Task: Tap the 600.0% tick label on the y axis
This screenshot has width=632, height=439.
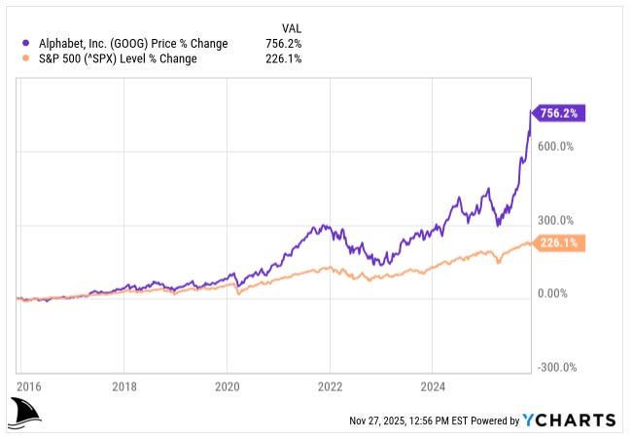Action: [558, 147]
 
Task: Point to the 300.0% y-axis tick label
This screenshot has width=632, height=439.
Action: [558, 221]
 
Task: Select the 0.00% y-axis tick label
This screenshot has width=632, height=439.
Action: [555, 294]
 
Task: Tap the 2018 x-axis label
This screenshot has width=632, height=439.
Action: [124, 386]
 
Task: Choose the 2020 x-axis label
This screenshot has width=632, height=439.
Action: [228, 386]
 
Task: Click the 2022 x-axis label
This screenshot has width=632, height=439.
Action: [331, 386]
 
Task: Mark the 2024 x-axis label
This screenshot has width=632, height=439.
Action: [434, 386]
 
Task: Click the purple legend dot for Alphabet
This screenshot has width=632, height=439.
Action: [24, 44]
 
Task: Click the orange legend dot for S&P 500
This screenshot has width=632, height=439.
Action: [24, 58]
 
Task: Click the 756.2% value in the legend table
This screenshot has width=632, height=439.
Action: [283, 44]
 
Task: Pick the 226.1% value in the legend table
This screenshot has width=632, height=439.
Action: [283, 58]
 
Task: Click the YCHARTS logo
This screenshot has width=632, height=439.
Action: [569, 421]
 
